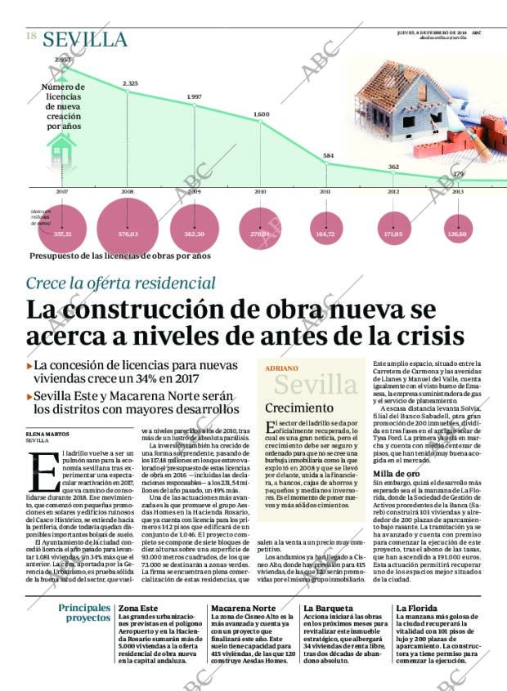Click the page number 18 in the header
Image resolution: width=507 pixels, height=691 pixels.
pos(31,36)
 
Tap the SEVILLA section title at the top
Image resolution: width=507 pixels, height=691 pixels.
pos(85,39)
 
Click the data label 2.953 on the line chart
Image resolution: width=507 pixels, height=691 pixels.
pos(63,60)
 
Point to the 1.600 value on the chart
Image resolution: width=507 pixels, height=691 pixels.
pos(261,114)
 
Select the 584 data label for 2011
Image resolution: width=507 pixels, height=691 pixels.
pos(328,155)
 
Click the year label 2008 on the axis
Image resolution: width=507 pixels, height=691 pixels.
pos(128,191)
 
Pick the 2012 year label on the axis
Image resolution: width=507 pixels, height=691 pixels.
pos(393,191)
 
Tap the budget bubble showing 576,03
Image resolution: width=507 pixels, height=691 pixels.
pos(128,234)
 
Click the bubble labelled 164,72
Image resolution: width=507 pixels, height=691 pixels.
pos(325,234)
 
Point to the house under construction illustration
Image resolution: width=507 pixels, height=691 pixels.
pos(409,106)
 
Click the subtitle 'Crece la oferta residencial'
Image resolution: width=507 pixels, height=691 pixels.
pos(121,283)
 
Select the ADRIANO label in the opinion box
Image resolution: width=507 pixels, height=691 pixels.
pos(281,368)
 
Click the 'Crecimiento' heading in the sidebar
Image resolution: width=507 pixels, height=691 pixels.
pos(298,407)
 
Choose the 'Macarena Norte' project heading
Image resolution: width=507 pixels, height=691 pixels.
pos(243,609)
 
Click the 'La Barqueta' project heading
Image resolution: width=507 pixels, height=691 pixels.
pos(329,609)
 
